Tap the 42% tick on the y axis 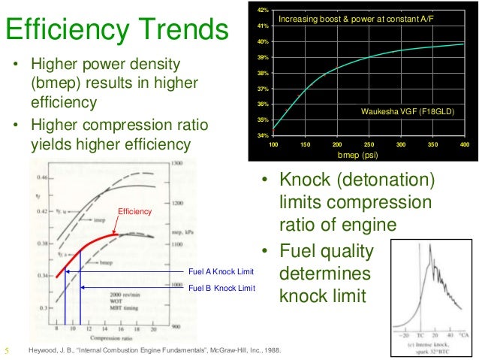tap(263, 10)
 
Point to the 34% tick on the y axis tap(263, 135)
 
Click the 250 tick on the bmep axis tap(369, 144)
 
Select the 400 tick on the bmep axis tap(465, 144)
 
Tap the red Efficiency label tap(135, 213)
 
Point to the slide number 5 tap(7, 349)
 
